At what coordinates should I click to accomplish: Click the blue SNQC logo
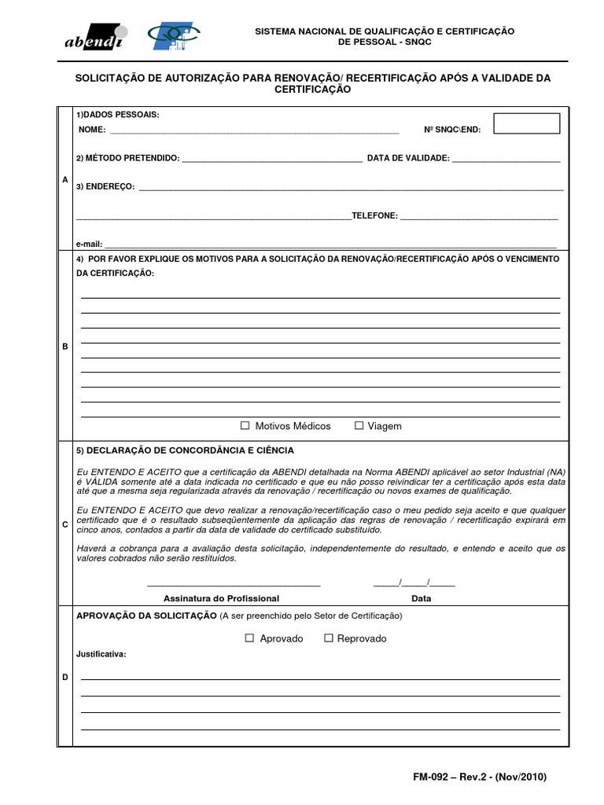(x=175, y=36)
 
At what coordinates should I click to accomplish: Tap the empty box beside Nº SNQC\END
(x=527, y=123)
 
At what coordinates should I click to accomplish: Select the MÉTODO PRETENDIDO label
(x=127, y=158)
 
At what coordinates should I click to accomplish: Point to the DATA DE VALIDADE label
(x=408, y=158)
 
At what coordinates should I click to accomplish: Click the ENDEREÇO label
(x=105, y=187)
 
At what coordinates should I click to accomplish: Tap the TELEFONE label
(x=374, y=215)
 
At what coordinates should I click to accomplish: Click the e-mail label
(x=88, y=244)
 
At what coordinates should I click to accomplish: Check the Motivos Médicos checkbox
(x=245, y=425)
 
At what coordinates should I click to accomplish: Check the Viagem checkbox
(x=359, y=425)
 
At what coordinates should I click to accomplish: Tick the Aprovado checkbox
(x=250, y=638)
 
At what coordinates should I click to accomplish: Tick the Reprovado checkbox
(x=329, y=638)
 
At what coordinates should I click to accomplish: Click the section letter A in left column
(x=64, y=180)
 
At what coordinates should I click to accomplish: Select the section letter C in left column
(x=64, y=524)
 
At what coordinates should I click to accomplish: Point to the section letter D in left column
(x=64, y=677)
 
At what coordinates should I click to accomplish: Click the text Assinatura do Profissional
(x=232, y=597)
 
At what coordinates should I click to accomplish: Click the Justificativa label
(x=101, y=654)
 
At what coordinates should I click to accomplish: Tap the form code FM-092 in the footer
(x=430, y=777)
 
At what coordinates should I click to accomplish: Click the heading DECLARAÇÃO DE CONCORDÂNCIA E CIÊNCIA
(x=185, y=450)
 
